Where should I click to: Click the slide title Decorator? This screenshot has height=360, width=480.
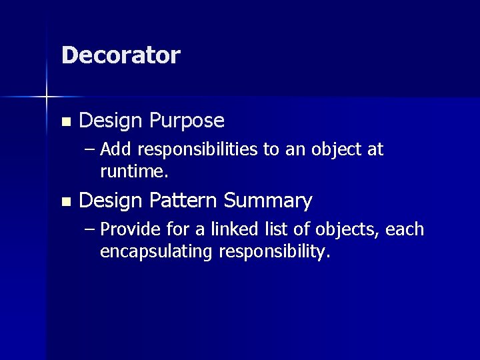(x=121, y=55)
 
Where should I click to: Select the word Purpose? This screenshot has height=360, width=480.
(x=187, y=121)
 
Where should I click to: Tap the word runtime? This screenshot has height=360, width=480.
(x=134, y=172)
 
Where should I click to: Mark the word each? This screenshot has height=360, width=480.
(x=405, y=229)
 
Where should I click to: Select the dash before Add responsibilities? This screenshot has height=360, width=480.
(x=91, y=150)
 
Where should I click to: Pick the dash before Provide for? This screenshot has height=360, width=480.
(x=91, y=230)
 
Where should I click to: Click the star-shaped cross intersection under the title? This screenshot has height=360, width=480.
(x=46, y=97)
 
